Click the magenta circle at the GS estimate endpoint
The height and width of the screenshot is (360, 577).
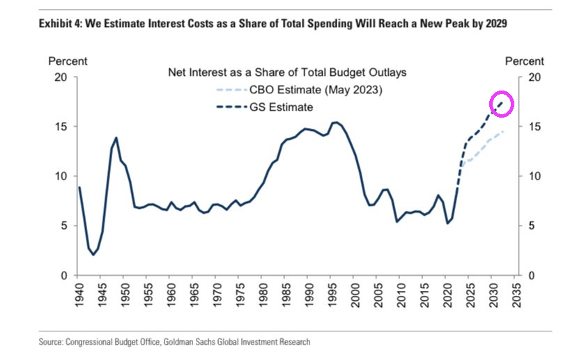click(x=502, y=104)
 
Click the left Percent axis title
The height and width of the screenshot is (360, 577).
click(x=68, y=62)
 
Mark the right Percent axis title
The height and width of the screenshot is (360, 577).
click(x=524, y=62)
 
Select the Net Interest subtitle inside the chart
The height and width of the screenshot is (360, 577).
click(x=287, y=72)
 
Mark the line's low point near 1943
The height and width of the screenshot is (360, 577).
click(x=93, y=255)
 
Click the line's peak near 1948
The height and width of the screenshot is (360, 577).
click(x=116, y=138)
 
